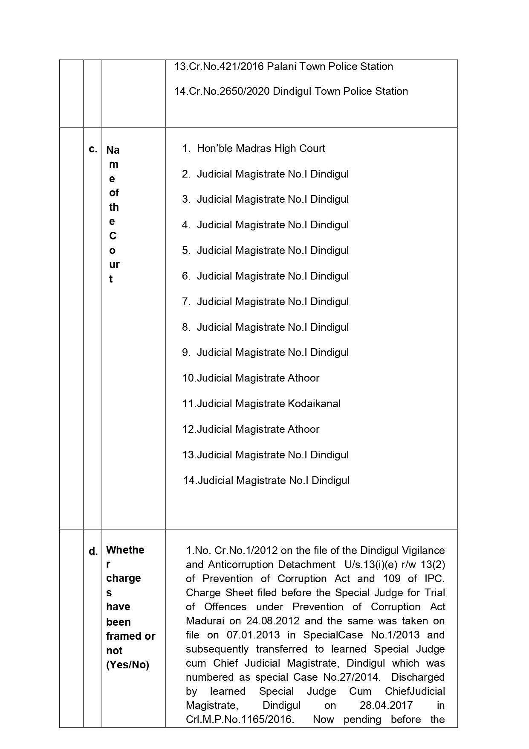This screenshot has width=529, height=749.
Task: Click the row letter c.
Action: [93, 149]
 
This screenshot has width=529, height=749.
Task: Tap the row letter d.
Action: [93, 551]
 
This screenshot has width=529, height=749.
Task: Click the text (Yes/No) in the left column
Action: [127, 665]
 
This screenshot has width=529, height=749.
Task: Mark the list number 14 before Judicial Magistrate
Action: [189, 481]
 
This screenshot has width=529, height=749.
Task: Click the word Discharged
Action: [418, 677]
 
